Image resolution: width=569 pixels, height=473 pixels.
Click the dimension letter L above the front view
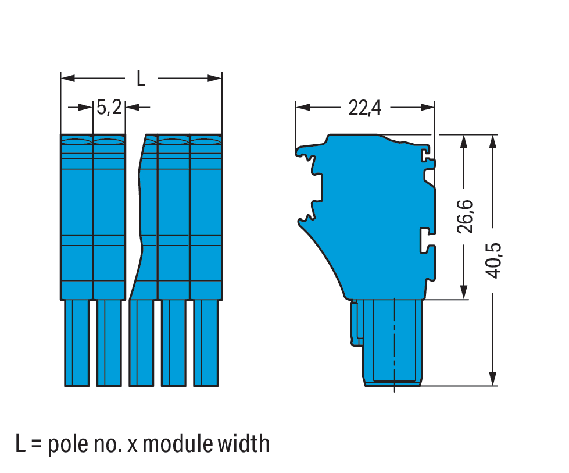(x=141, y=79)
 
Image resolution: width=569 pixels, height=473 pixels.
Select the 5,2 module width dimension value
(x=109, y=108)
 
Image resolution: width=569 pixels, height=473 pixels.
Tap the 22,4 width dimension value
(x=364, y=108)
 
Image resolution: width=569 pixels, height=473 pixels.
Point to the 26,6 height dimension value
(x=465, y=216)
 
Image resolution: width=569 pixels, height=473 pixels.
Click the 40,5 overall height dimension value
(x=493, y=261)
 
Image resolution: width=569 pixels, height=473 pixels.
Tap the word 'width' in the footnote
(x=244, y=443)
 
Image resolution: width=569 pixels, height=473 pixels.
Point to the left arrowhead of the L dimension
(x=67, y=78)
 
